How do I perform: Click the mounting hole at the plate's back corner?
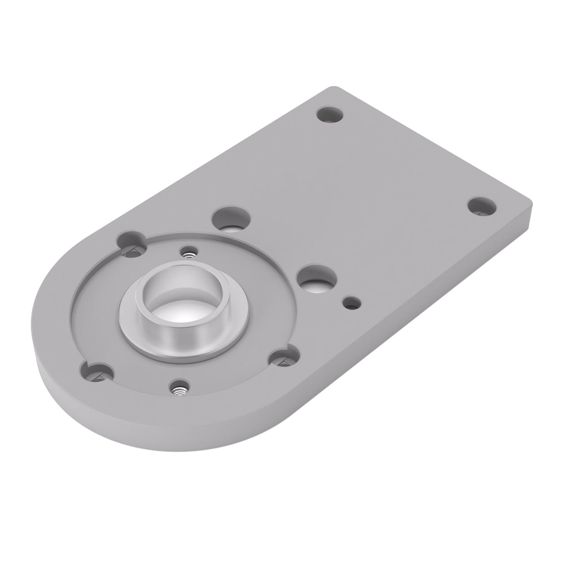[330, 115]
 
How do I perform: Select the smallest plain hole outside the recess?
[352, 302]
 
